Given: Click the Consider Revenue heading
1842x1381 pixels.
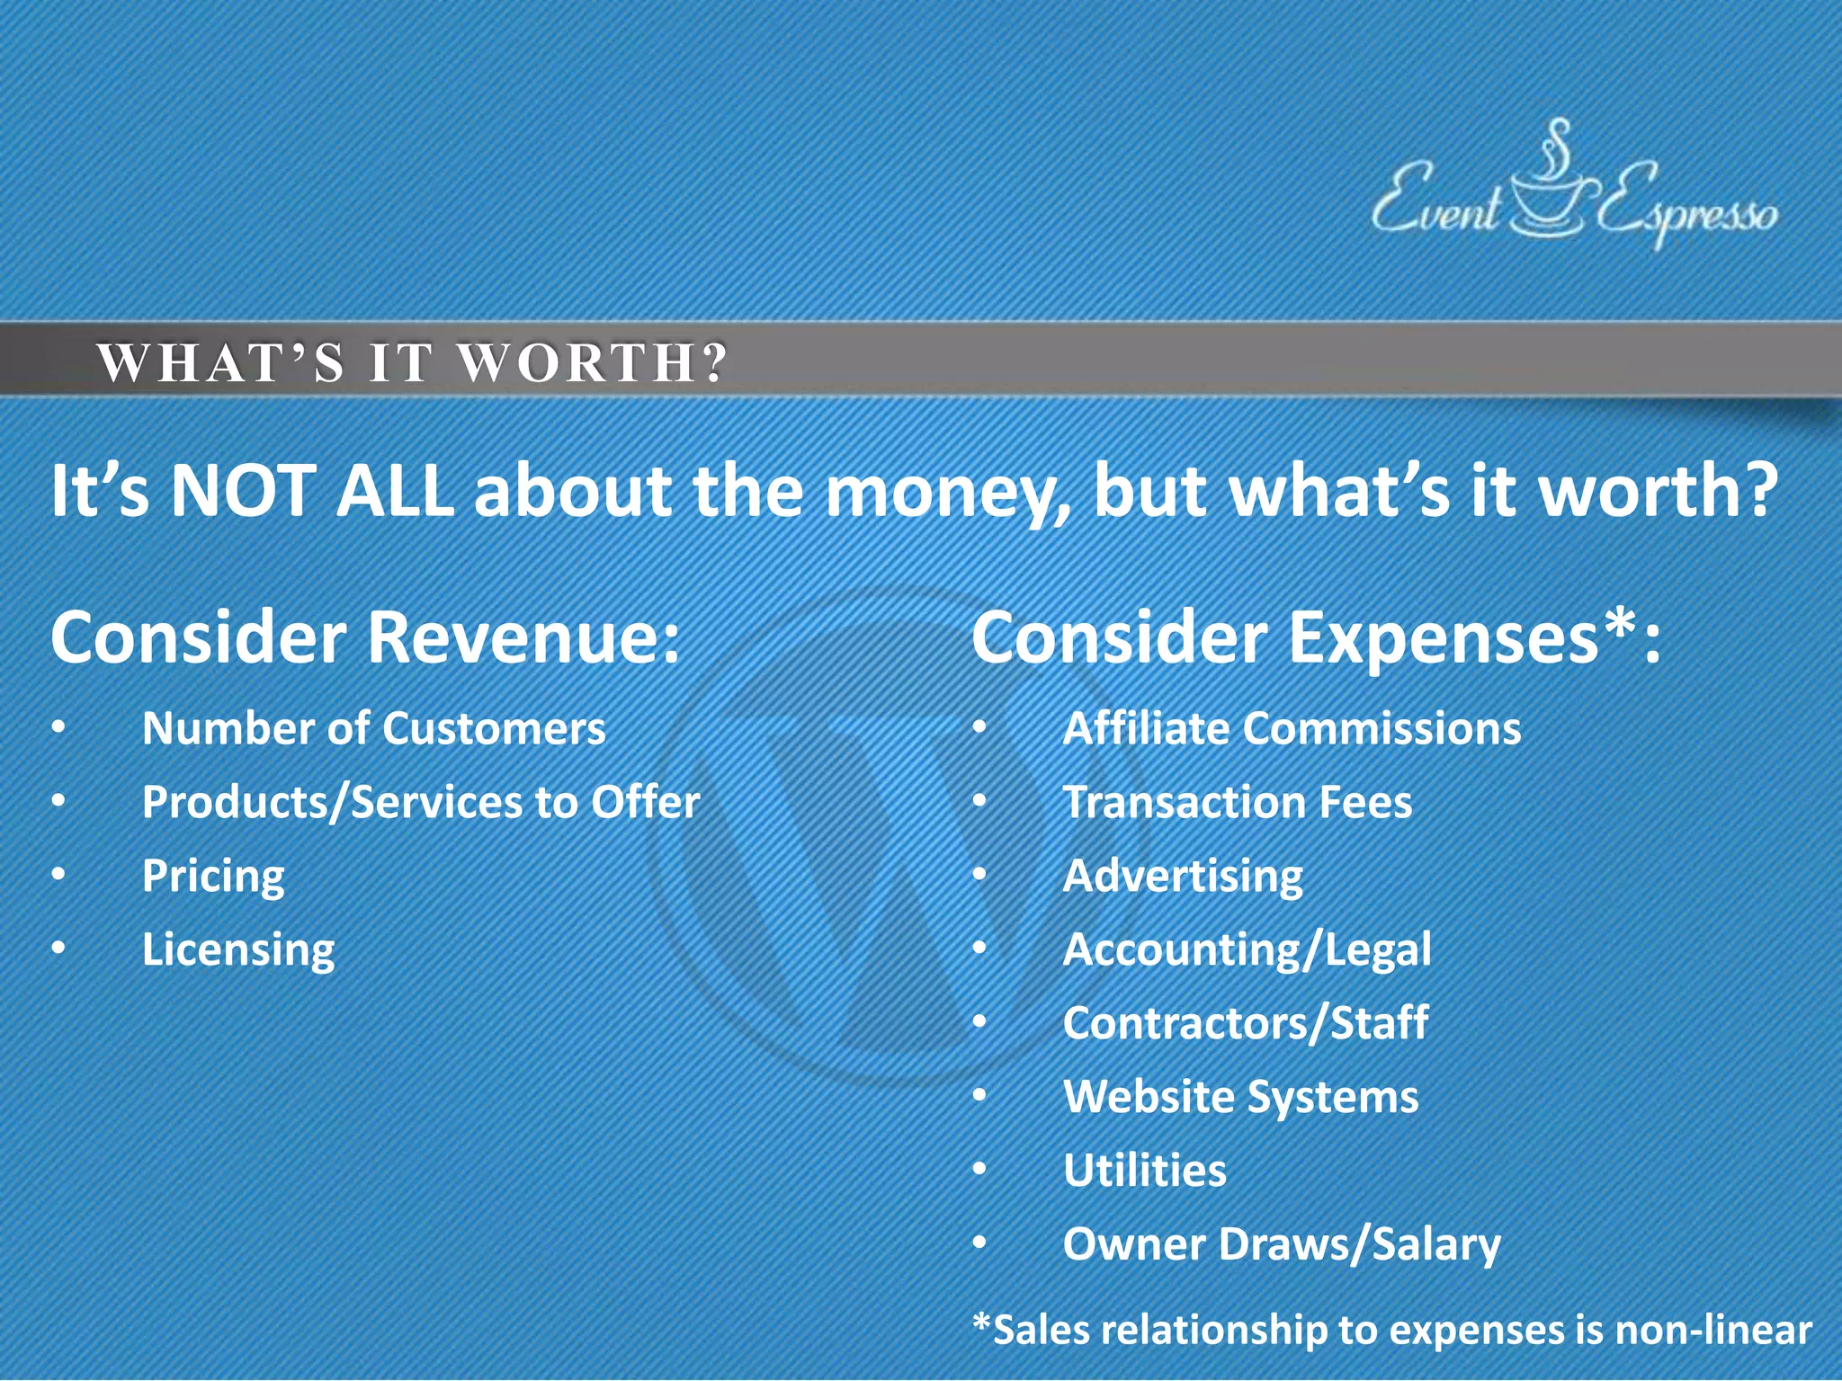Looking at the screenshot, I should (x=364, y=637).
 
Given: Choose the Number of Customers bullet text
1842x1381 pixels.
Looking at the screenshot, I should (x=373, y=728).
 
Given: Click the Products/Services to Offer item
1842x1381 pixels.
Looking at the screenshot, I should (x=420, y=802).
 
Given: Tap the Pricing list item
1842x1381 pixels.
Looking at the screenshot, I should (x=213, y=876).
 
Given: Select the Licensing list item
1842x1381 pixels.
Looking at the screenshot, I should (x=238, y=949).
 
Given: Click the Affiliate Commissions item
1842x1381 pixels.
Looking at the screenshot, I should (x=1292, y=728).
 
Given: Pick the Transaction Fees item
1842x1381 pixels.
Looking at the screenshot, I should (x=1238, y=802).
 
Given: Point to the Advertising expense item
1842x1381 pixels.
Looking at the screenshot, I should (x=1183, y=876).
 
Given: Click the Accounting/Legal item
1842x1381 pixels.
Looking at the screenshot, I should (x=1247, y=949).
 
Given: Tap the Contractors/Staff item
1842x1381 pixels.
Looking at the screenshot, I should (x=1246, y=1023).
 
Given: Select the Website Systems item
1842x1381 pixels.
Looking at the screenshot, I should (x=1241, y=1097).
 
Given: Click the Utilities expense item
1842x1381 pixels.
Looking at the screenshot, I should (x=1145, y=1171).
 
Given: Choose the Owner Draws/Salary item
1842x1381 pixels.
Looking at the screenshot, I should (x=1282, y=1244).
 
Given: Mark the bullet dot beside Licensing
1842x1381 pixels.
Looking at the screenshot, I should (x=58, y=949).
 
